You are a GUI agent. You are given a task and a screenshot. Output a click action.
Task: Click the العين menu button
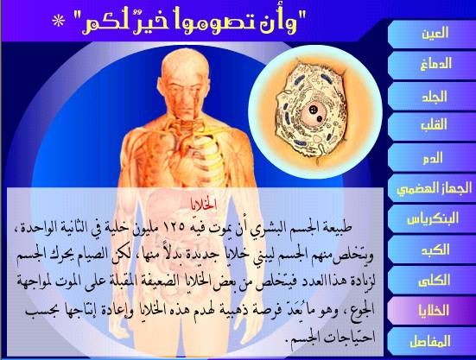coord(432,34)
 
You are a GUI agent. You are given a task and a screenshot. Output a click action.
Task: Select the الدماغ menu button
coord(432,65)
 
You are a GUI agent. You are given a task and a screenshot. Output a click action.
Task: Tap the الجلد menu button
coord(432,96)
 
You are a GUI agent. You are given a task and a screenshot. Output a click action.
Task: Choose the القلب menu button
coord(432,126)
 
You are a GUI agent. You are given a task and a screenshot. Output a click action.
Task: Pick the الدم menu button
coord(432,157)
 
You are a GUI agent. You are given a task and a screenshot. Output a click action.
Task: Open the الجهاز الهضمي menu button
coord(432,188)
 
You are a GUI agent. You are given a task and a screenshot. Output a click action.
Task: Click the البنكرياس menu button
coord(432,218)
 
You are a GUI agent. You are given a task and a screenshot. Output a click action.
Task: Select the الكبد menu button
coord(432,249)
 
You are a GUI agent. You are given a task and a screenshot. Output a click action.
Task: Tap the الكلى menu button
coord(432,281)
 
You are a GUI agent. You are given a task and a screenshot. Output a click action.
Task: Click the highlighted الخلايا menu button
coord(432,311)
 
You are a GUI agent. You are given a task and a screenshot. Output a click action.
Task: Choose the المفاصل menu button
coord(432,341)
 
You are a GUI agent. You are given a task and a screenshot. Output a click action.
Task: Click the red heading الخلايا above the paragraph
coord(204,205)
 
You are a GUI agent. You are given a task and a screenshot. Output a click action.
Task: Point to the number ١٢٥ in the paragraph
coord(175,227)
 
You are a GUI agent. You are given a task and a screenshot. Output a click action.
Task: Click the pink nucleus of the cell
coord(314,114)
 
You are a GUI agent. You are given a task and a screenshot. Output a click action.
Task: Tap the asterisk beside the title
coord(58,22)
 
